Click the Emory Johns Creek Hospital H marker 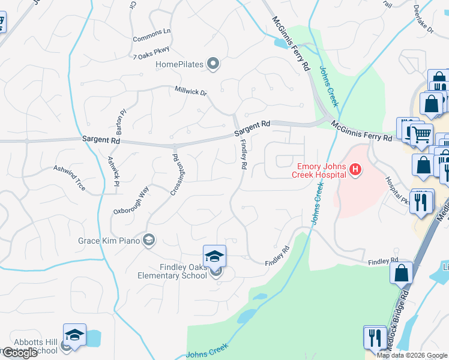[355, 170]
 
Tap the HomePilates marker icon [212, 64]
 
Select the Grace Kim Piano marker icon [149, 241]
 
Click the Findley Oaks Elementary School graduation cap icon [214, 256]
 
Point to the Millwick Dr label [191, 92]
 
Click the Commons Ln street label [152, 31]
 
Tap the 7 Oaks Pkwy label [152, 52]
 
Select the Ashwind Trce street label [70, 178]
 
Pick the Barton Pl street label [121, 122]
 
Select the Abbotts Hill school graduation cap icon [74, 335]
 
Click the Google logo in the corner [20, 353]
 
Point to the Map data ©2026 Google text [412, 355]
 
